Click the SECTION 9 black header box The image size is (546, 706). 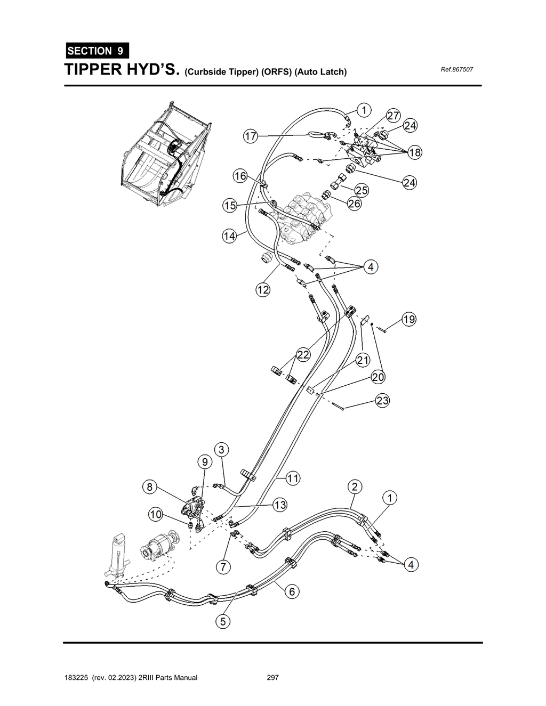click(96, 51)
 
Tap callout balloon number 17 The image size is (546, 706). click(251, 136)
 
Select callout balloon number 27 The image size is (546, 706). click(393, 116)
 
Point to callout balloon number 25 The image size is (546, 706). click(362, 190)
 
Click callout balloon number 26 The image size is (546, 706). click(354, 204)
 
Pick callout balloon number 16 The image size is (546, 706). click(240, 176)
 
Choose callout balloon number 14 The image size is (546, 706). click(229, 236)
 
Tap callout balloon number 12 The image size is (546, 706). click(263, 290)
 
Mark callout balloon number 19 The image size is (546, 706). click(409, 320)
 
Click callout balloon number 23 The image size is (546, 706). click(382, 401)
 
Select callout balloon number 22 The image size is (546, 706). click(303, 355)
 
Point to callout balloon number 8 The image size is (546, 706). click(150, 486)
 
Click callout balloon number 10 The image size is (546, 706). click(155, 514)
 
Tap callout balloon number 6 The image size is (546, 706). click(292, 591)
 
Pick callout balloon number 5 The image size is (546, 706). click(223, 621)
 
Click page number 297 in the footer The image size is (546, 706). click(272, 678)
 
